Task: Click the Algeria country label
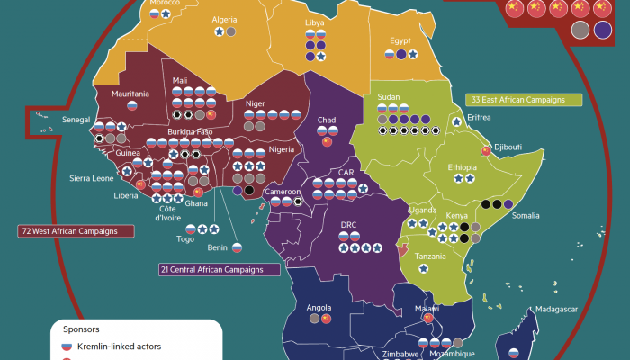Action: click(224, 19)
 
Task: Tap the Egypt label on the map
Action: click(400, 40)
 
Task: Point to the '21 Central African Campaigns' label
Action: click(218, 269)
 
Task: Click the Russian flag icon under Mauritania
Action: click(131, 105)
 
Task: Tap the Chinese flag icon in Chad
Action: click(328, 141)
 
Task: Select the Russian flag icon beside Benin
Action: click(238, 247)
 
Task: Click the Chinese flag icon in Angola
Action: click(327, 319)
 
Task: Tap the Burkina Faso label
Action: click(193, 132)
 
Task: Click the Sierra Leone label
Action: click(91, 178)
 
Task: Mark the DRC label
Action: click(348, 225)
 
